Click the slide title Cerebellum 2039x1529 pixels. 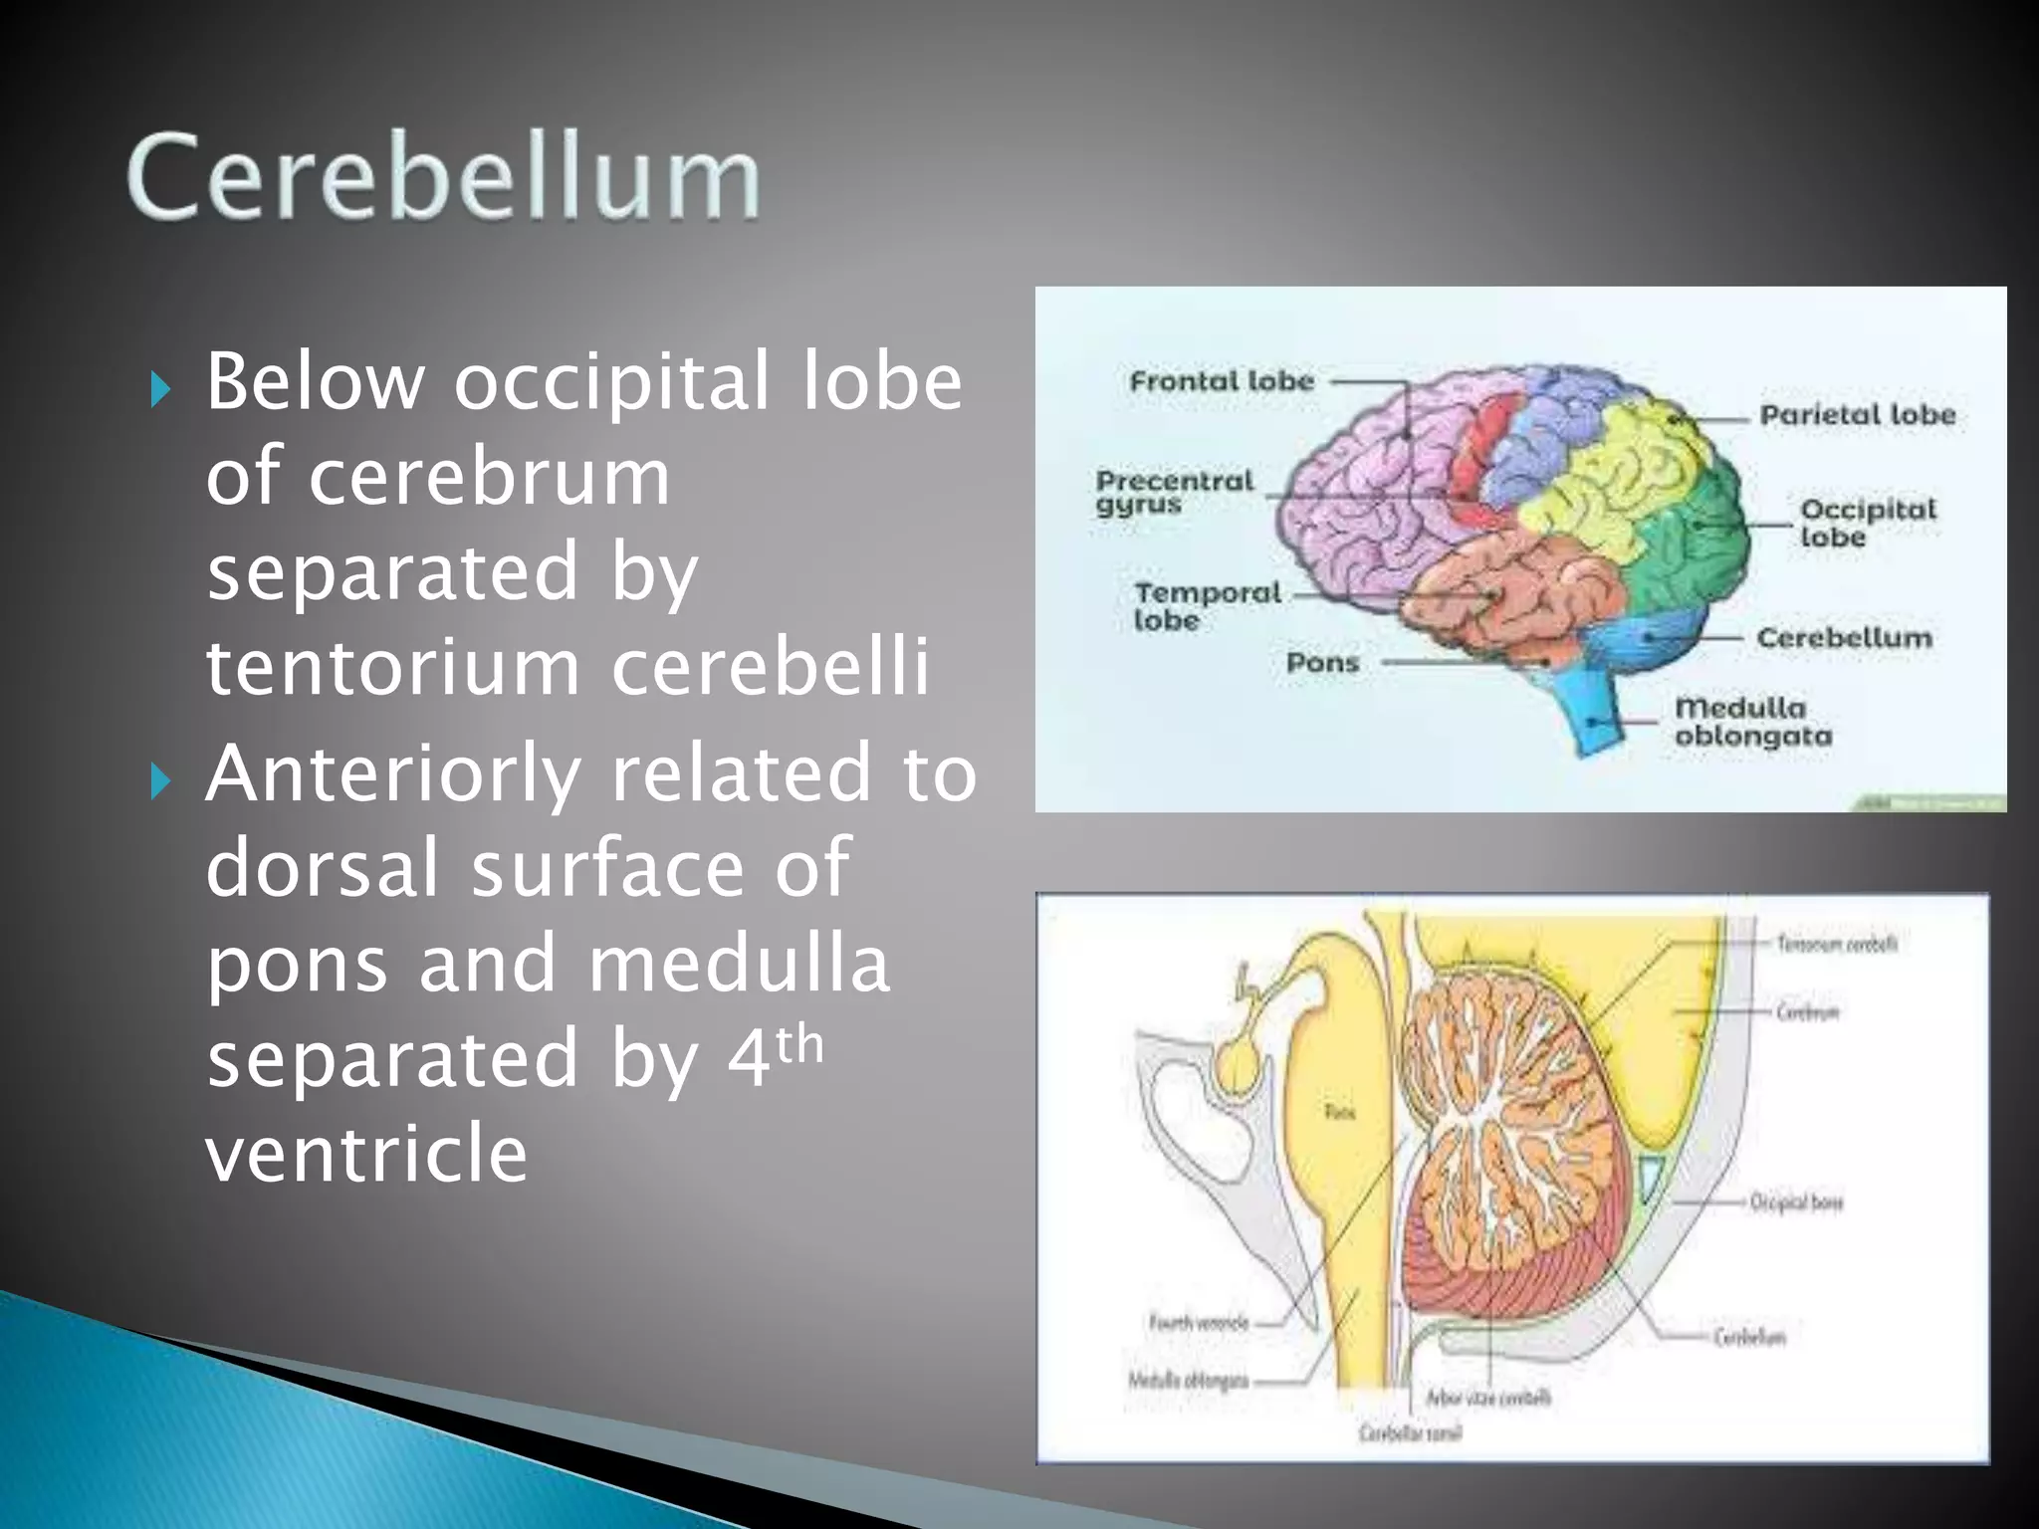coord(443,177)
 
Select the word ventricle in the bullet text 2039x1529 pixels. coord(366,1153)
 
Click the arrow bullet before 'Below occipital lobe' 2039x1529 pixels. coord(160,389)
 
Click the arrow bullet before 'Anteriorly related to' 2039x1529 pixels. coord(160,781)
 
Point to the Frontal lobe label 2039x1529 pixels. coord(1222,381)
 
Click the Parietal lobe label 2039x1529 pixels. coord(1857,415)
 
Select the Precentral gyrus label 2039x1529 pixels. coord(1173,492)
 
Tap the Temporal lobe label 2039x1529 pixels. coord(1206,605)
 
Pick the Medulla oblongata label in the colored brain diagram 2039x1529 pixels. coord(1752,722)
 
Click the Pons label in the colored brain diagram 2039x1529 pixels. coord(1322,662)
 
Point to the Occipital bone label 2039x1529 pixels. coord(1796,1202)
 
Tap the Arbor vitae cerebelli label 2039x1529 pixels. coord(1487,1398)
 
